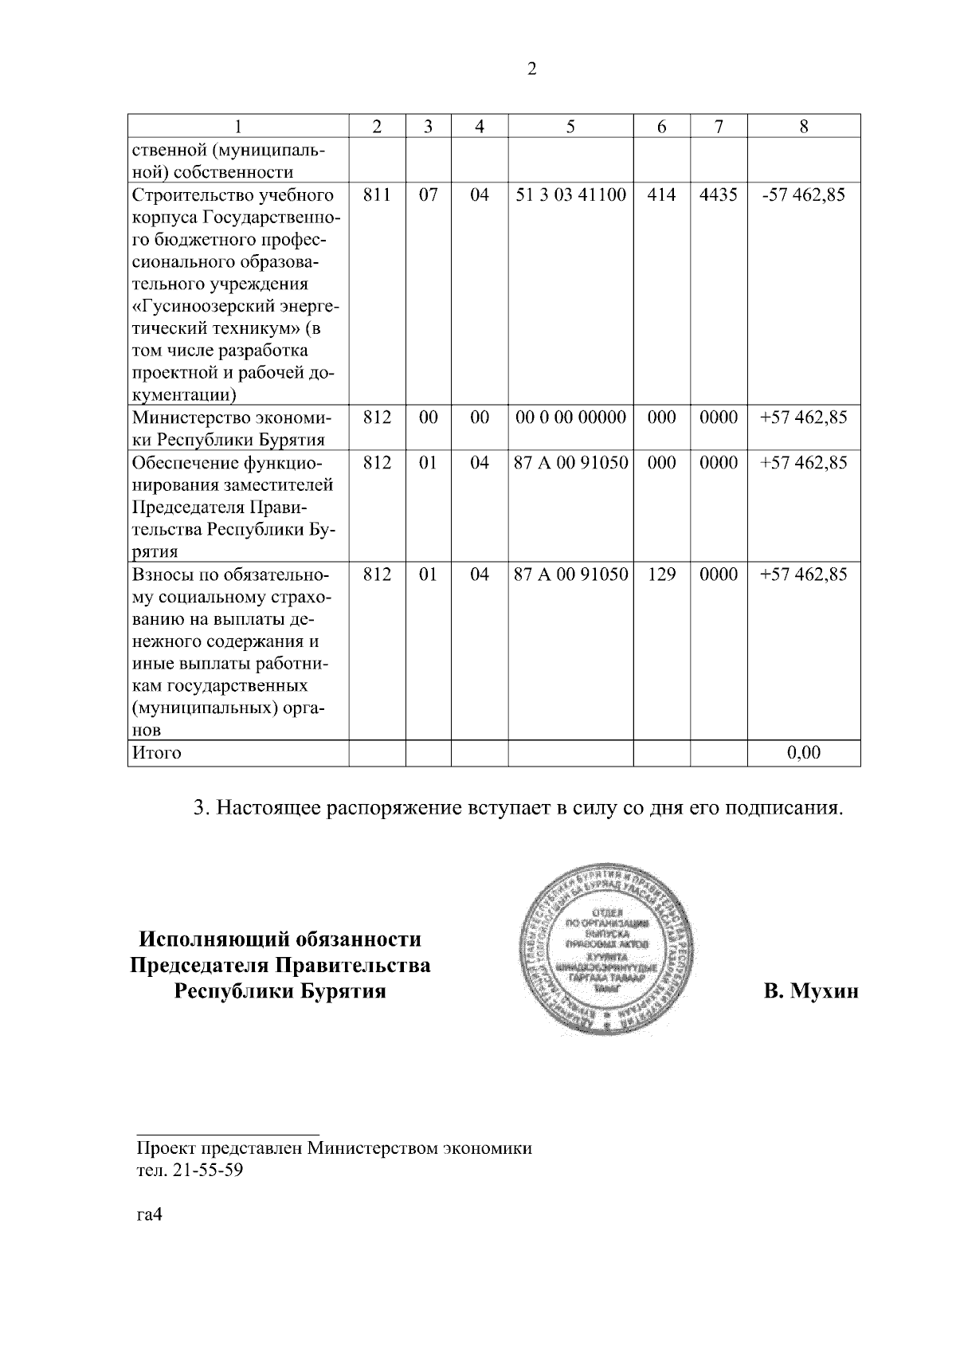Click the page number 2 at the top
pyautogui.click(x=531, y=69)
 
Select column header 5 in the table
pyautogui.click(x=570, y=126)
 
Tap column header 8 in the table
pyautogui.click(x=803, y=126)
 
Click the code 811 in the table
pyautogui.click(x=377, y=195)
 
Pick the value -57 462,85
pyautogui.click(x=803, y=195)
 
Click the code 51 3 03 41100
pyautogui.click(x=570, y=195)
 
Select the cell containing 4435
pyautogui.click(x=719, y=195)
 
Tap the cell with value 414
pyautogui.click(x=661, y=195)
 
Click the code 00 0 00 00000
pyautogui.click(x=570, y=418)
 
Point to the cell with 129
pyautogui.click(x=661, y=574)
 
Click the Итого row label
pyautogui.click(x=157, y=753)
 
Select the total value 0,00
pyautogui.click(x=803, y=753)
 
